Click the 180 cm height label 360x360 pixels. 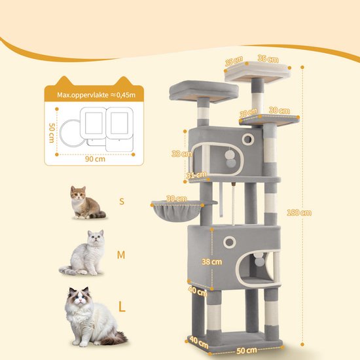[x=299, y=213]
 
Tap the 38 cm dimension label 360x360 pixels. [x=212, y=262]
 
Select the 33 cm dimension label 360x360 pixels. [x=181, y=154]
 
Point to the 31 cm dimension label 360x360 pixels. [x=196, y=175]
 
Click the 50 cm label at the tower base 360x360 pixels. [x=247, y=350]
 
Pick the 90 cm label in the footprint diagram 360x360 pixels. [x=95, y=159]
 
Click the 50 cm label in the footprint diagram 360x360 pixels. [x=52, y=133]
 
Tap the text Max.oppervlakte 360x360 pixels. [x=82, y=95]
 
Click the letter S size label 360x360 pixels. [x=122, y=202]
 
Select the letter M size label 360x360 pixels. [x=121, y=255]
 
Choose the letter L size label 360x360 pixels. [x=122, y=306]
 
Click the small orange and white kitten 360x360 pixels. [x=87, y=202]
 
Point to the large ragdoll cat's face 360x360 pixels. [x=78, y=298]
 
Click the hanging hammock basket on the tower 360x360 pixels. [x=177, y=210]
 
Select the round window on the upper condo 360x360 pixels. [x=247, y=139]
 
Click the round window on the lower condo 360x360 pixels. [x=229, y=242]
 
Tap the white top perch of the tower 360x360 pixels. [x=257, y=71]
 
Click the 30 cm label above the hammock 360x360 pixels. [x=176, y=199]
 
